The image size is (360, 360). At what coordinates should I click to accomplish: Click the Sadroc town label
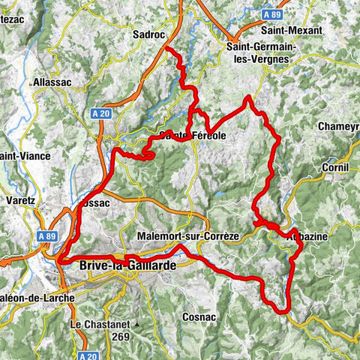146,34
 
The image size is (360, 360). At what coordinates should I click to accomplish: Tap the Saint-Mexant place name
292,31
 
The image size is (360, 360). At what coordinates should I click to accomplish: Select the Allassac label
52,82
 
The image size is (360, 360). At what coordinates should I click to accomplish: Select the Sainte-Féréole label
193,136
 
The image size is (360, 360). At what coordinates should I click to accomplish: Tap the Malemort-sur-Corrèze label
188,236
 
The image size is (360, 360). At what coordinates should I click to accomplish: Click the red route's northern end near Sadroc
166,49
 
